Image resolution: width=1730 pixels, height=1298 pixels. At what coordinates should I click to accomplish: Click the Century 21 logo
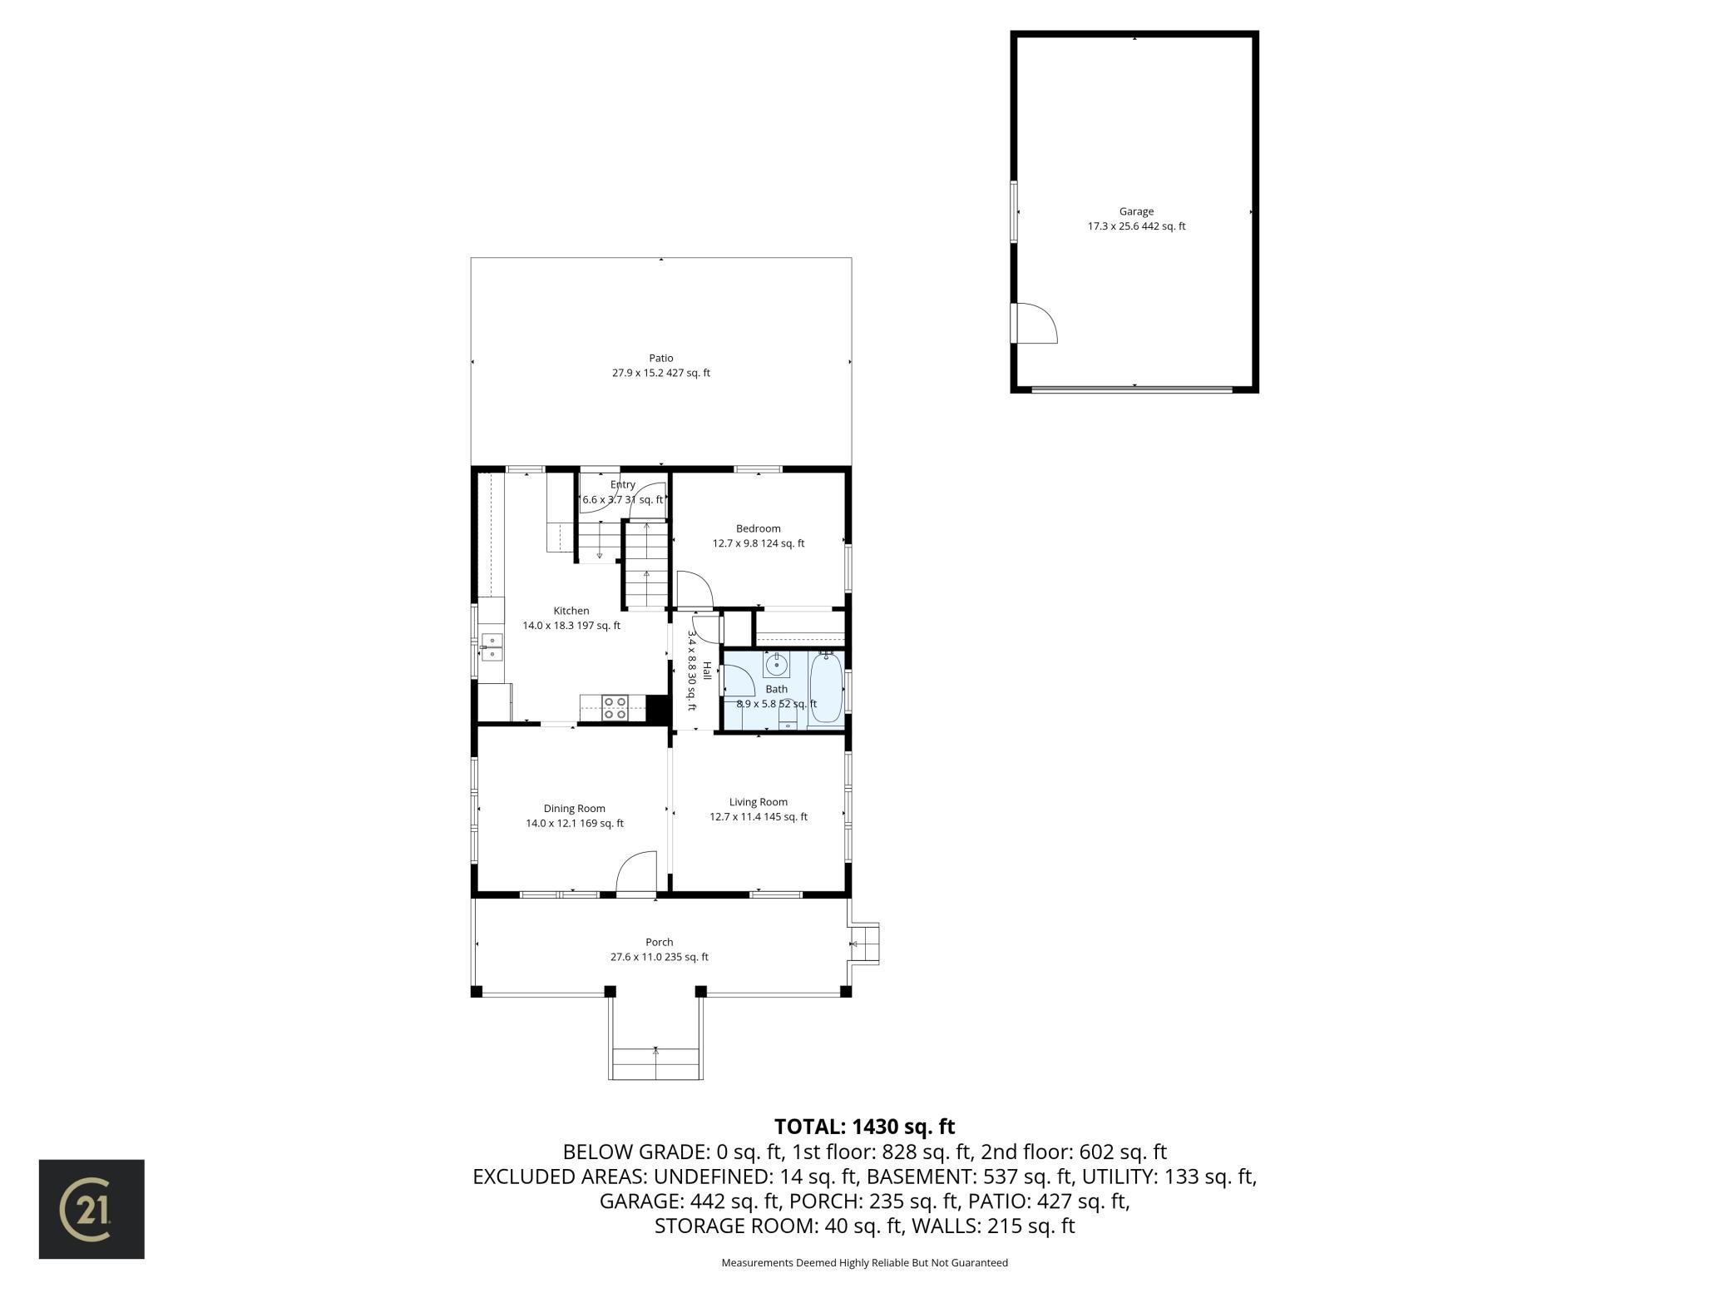tap(91, 1209)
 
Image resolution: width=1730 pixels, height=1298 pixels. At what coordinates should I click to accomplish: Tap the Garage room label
tap(1136, 211)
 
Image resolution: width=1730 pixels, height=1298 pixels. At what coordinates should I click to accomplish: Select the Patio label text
tap(661, 359)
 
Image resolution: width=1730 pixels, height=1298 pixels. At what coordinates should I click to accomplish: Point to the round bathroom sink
tap(777, 665)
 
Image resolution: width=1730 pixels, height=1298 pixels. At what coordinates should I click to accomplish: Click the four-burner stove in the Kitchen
tap(615, 708)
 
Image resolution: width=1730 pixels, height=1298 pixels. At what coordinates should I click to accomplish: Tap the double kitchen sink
tap(492, 647)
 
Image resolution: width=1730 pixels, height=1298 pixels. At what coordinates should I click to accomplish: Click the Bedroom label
tap(759, 528)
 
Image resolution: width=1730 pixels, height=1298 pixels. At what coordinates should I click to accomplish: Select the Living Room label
tap(759, 802)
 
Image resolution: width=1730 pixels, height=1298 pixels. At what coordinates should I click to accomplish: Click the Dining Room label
tap(575, 809)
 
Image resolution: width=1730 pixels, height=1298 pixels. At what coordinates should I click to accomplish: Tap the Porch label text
tap(660, 943)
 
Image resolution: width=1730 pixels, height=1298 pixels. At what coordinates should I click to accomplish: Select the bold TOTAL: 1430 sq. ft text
tap(865, 1127)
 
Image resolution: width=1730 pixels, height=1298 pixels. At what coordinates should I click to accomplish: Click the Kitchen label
tap(571, 611)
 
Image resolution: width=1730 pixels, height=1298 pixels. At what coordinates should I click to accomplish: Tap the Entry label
tap(623, 485)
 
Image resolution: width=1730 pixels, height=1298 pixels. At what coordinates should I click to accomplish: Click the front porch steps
tap(656, 1064)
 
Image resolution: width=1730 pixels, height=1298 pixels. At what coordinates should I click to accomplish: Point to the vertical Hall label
tap(707, 671)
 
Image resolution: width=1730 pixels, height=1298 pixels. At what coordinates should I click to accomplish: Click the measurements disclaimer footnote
tap(865, 1262)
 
